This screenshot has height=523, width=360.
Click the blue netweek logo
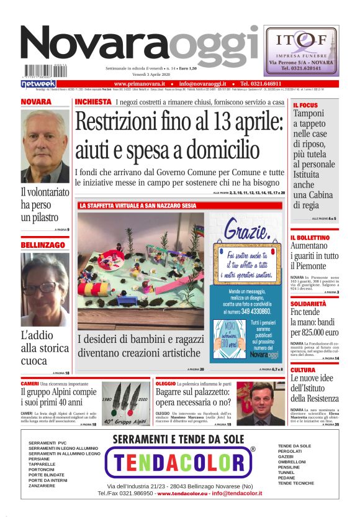tap(38, 83)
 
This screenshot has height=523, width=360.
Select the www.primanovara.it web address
tap(139, 83)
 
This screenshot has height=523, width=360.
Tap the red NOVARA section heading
tap(36, 102)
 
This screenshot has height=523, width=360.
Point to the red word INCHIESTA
tap(93, 102)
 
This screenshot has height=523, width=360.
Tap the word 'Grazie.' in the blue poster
tap(246, 234)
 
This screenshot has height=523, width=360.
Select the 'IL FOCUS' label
tap(305, 106)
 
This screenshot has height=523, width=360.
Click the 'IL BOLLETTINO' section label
tap(310, 238)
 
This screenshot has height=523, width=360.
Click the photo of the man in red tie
tap(261, 404)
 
